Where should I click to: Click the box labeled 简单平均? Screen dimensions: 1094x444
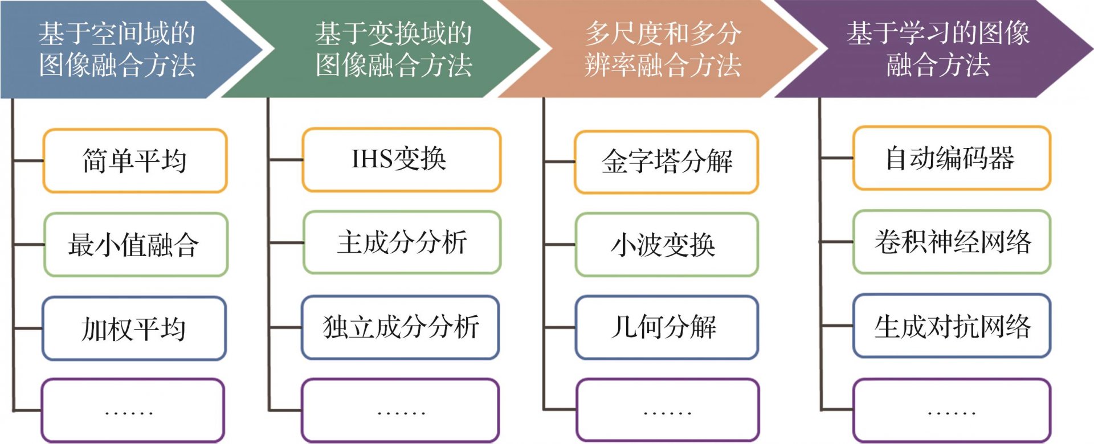135,161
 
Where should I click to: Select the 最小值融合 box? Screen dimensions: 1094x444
136,244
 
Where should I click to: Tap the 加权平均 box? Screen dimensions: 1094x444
134,328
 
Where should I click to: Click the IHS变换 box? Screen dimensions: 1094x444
401,159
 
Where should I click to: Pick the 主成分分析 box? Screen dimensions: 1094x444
402,242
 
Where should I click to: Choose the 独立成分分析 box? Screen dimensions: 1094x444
401,327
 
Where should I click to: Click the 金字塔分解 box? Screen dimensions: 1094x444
666,162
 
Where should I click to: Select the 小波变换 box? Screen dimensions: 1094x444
667,245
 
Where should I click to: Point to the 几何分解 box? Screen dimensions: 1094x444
667,327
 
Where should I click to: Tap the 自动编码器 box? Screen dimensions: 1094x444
952,158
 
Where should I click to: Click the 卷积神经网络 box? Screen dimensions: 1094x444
952,241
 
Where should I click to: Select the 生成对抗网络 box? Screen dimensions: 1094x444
952,326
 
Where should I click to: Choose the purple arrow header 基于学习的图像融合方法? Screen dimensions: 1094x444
934,49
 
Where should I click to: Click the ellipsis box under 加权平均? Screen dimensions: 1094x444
133,410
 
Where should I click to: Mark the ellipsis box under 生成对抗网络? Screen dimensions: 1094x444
952,410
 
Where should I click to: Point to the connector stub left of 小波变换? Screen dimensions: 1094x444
560,245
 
